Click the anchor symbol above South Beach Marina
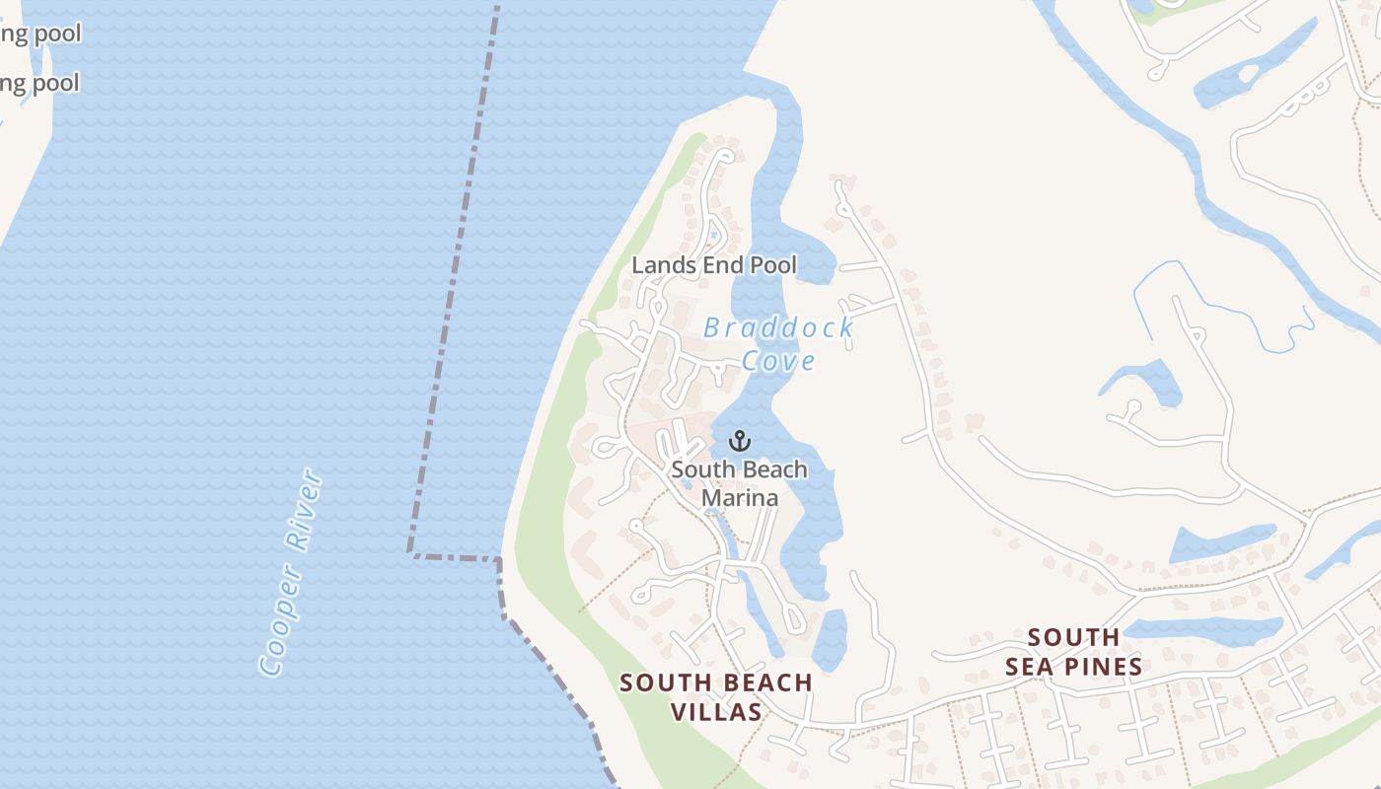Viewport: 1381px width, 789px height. click(740, 441)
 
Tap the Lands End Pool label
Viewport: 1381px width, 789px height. click(714, 265)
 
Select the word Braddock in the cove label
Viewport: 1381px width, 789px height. click(777, 328)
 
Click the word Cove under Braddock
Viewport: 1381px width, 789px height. click(778, 361)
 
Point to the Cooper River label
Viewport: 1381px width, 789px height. click(291, 572)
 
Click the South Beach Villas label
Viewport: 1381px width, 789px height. click(716, 697)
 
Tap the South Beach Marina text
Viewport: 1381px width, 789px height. click(739, 483)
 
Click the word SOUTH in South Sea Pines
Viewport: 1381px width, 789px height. click(1073, 638)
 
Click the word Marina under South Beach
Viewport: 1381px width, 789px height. click(740, 498)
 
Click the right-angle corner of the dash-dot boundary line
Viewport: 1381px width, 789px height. click(410, 554)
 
